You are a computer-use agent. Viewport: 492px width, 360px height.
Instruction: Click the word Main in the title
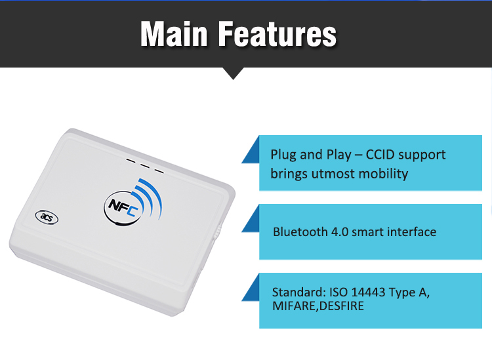pos(174,34)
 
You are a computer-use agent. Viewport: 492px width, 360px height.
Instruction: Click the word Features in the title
pos(277,34)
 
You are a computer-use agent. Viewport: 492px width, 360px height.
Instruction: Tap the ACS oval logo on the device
pos(47,217)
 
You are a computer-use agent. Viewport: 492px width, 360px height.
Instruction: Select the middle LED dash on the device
pos(144,166)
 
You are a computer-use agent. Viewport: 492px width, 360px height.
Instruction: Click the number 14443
pos(368,292)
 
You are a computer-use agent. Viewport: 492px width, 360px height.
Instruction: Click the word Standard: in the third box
pos(299,292)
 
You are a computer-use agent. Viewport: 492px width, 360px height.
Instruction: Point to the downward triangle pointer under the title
pos(233,72)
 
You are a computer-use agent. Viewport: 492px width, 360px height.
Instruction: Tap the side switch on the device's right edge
pos(218,231)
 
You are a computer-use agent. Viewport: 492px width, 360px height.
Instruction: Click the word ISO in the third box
pos(338,292)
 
